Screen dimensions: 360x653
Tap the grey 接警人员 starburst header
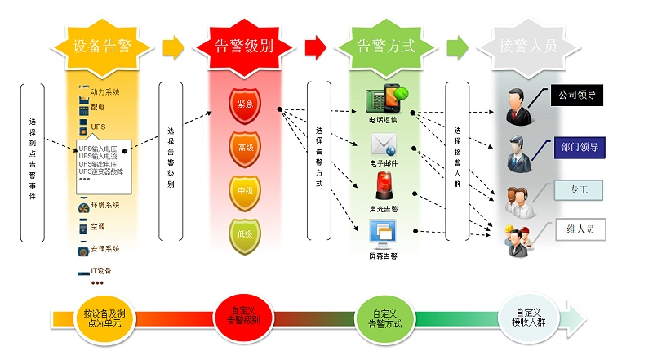tap(528, 46)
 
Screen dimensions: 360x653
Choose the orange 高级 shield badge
tap(245, 149)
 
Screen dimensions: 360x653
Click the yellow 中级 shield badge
tap(245, 190)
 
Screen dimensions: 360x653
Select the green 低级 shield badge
tap(245, 232)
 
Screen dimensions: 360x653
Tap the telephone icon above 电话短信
tap(383, 100)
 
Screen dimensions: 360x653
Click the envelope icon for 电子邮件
tap(384, 146)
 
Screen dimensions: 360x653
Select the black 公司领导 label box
tap(578, 95)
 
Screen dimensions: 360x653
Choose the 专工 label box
tap(578, 190)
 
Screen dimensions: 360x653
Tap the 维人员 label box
tap(578, 229)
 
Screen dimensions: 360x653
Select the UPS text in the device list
tap(99, 127)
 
